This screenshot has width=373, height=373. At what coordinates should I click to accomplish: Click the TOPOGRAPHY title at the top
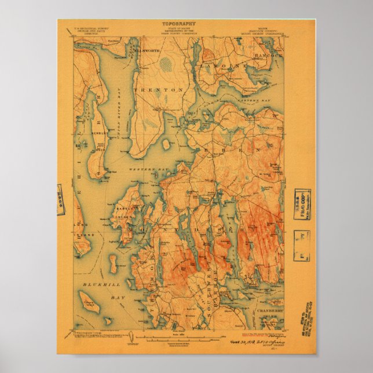[179, 24]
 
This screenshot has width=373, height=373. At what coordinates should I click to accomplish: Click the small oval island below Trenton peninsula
[166, 143]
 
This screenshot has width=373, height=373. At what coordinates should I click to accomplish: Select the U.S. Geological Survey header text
[91, 30]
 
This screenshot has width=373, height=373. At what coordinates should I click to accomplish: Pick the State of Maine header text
[179, 30]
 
